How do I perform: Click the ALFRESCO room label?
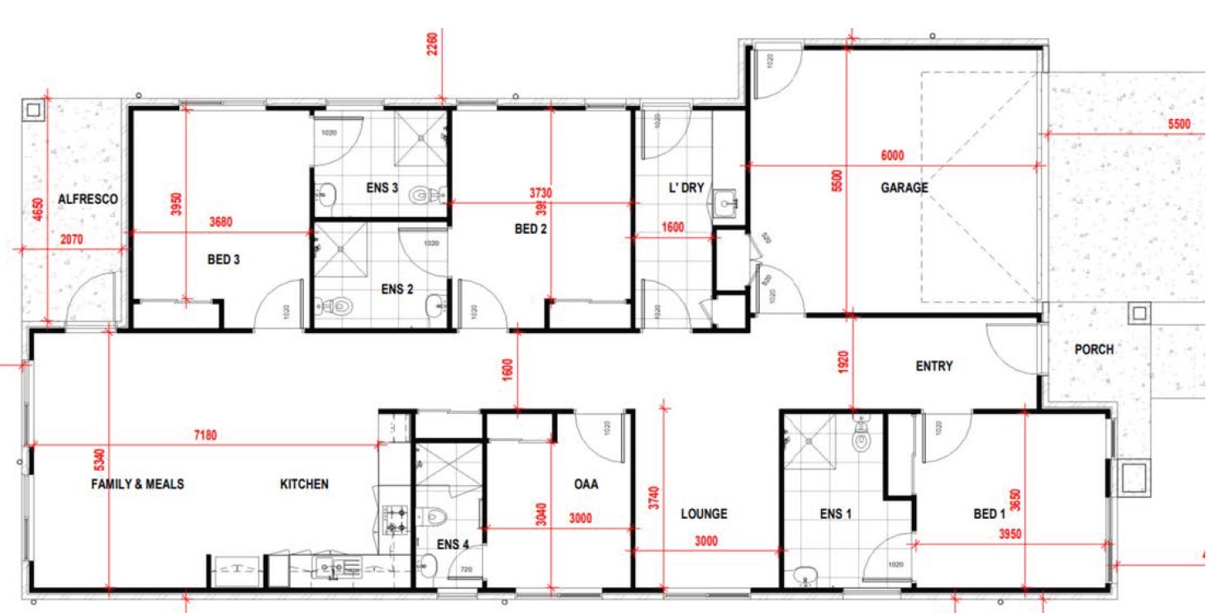coord(88,199)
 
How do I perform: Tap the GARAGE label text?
coord(904,188)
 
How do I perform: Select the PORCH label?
coord(1093,349)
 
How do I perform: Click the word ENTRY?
coord(934,366)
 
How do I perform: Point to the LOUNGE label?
coord(704,514)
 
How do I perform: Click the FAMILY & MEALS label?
coord(137,484)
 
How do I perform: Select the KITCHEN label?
coord(304,484)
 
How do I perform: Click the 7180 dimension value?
coord(205,435)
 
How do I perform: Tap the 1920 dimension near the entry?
coord(843,363)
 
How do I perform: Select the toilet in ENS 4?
coord(438,516)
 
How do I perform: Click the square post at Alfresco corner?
coord(34,110)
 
